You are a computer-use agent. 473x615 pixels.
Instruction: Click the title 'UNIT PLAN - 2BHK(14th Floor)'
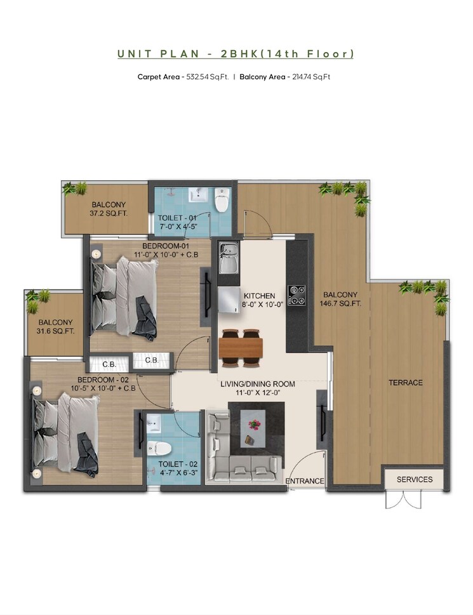[236, 54]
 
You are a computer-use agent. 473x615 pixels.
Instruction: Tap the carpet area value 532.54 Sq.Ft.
[207, 77]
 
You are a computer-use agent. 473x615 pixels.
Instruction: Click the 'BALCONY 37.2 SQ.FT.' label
[109, 209]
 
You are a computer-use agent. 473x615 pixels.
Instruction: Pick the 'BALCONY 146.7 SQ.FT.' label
[342, 298]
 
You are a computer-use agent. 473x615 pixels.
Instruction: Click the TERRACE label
[406, 383]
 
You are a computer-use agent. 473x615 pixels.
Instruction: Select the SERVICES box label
[415, 479]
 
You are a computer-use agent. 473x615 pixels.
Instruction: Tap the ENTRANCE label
[305, 481]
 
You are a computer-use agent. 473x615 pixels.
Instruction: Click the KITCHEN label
[260, 296]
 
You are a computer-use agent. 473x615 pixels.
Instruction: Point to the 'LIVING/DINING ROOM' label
[258, 384]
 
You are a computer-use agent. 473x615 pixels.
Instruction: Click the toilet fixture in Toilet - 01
[222, 201]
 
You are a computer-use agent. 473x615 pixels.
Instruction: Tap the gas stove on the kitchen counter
[296, 295]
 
